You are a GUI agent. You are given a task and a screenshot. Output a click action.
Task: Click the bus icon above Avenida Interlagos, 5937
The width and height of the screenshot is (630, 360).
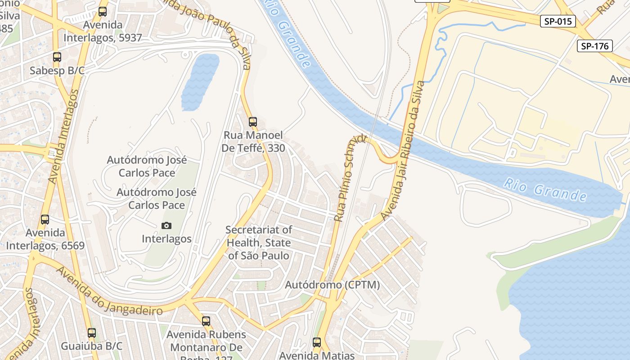tap(103, 12)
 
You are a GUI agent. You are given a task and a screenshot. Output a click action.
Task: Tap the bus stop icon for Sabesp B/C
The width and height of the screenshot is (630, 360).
tap(57, 57)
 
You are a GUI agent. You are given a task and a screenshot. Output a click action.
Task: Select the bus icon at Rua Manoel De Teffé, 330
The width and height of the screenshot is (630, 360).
tap(253, 121)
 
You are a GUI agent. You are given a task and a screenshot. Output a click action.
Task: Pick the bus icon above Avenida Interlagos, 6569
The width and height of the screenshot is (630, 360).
tap(45, 220)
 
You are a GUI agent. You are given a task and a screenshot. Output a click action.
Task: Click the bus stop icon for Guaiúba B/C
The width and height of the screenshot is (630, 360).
tap(92, 333)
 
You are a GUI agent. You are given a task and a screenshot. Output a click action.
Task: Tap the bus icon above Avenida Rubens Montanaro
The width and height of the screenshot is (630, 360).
tap(206, 321)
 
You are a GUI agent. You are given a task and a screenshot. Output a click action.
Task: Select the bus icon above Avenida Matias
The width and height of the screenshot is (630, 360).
tap(317, 342)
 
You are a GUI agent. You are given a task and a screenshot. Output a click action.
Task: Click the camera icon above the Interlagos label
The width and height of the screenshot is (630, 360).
tap(166, 225)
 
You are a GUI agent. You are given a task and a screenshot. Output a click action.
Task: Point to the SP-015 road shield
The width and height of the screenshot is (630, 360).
tap(558, 21)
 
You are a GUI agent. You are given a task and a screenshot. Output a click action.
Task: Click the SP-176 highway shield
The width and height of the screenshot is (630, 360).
tap(594, 46)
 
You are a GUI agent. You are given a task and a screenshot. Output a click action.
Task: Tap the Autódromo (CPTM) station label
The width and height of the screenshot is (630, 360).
tap(333, 285)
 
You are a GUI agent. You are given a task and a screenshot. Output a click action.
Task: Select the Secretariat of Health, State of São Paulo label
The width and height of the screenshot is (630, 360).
tap(259, 243)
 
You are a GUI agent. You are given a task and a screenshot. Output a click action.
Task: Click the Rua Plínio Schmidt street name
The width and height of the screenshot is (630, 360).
tap(351, 178)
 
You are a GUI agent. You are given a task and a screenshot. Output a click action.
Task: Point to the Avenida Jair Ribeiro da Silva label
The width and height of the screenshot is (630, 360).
tap(403, 151)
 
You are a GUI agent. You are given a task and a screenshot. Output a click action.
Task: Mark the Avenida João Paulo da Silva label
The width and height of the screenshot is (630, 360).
tap(211, 27)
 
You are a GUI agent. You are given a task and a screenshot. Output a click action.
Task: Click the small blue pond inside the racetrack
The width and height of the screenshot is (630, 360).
tap(200, 81)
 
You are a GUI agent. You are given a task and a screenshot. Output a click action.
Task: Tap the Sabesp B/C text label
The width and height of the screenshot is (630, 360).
tap(57, 71)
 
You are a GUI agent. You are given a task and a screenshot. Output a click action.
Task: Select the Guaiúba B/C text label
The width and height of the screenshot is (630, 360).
tap(92, 346)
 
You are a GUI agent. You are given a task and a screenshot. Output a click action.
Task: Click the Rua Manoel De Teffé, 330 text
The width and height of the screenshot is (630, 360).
tap(253, 141)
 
